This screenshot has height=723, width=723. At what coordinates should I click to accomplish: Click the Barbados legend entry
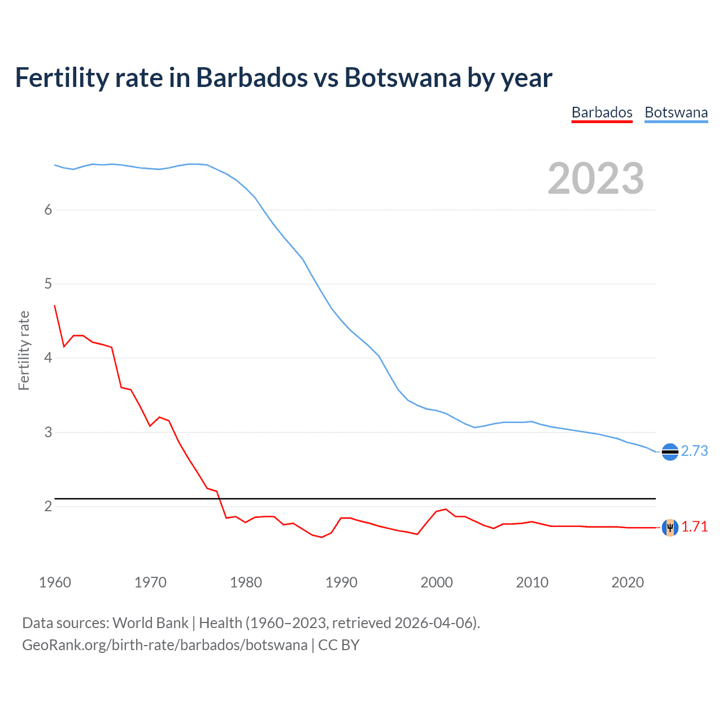[x=602, y=112]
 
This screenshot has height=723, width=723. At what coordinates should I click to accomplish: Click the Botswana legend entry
[x=676, y=112]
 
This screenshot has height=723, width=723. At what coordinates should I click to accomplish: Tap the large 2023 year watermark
[x=595, y=178]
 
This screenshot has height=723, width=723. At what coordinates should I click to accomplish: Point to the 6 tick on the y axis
[x=48, y=210]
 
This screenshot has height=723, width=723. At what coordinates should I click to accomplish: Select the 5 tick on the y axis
[x=48, y=284]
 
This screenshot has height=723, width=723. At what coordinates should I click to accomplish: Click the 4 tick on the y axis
[x=48, y=358]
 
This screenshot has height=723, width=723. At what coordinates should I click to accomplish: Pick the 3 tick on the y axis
[x=48, y=432]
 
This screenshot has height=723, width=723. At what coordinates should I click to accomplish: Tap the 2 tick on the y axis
[x=48, y=506]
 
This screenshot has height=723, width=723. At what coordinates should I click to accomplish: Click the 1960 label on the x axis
[x=55, y=582]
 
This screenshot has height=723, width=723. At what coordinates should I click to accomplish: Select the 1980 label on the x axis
[x=246, y=582]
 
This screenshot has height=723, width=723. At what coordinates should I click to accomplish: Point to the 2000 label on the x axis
[x=437, y=582]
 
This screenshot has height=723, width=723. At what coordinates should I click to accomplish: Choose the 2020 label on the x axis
[x=628, y=582]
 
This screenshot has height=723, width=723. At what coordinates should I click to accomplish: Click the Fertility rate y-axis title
[x=24, y=350]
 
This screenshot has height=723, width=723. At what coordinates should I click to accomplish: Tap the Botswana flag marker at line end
[x=670, y=452]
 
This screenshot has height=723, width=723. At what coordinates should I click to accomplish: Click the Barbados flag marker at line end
[x=670, y=528]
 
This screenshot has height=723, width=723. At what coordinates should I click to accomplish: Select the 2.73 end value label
[x=694, y=451]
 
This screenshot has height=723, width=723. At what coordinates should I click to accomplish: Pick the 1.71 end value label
[x=694, y=526]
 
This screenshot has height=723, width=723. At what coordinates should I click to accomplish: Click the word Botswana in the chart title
[x=403, y=77]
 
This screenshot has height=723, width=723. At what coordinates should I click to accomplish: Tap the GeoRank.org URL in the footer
[x=164, y=645]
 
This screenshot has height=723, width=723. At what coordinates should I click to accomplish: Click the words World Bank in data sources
[x=150, y=623]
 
